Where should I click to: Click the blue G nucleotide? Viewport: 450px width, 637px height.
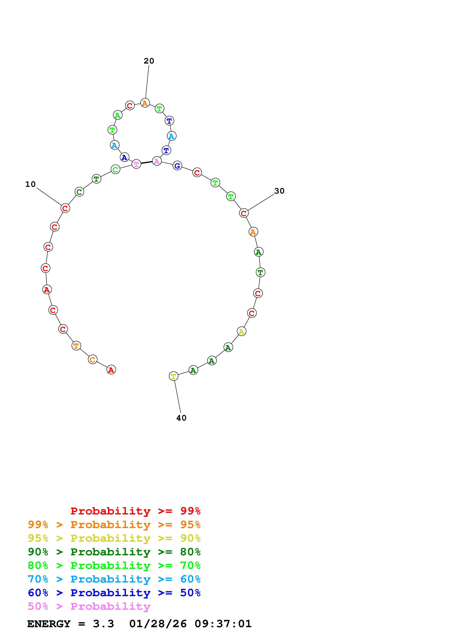pos(177,166)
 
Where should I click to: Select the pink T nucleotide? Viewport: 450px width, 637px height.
pos(136,164)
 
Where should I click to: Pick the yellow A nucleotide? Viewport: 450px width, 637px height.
pos(241,331)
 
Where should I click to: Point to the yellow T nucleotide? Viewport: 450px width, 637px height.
pos(174,376)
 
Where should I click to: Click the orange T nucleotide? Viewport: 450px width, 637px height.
pos(76,346)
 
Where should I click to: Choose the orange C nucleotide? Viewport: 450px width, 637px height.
pos(93,360)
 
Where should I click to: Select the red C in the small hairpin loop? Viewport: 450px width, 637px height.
pos(130,106)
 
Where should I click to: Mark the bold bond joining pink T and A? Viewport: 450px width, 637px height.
pos(146,163)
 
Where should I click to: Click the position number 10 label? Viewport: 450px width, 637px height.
pos(30,184)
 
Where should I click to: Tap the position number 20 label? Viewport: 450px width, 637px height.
pos(149,61)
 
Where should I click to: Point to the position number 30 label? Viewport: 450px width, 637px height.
pos(279,191)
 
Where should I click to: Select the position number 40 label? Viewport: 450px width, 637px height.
pos(181,418)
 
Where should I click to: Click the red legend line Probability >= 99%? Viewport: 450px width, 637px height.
pos(135,511)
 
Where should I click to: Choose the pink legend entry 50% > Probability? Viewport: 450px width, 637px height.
pos(89,606)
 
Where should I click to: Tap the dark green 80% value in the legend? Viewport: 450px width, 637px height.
pos(190,552)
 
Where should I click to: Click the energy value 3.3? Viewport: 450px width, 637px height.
pos(103,624)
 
